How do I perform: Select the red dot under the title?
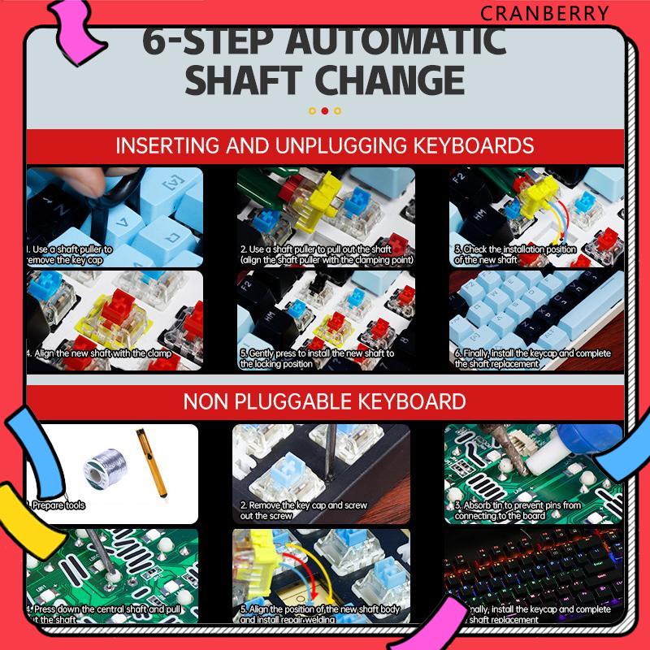click(x=325, y=111)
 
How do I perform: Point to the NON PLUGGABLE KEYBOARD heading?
click(x=324, y=401)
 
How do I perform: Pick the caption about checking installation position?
click(x=515, y=254)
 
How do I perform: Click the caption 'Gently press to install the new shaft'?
click(x=318, y=358)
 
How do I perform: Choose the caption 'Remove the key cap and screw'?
click(x=304, y=509)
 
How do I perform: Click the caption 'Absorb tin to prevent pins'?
click(x=518, y=509)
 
